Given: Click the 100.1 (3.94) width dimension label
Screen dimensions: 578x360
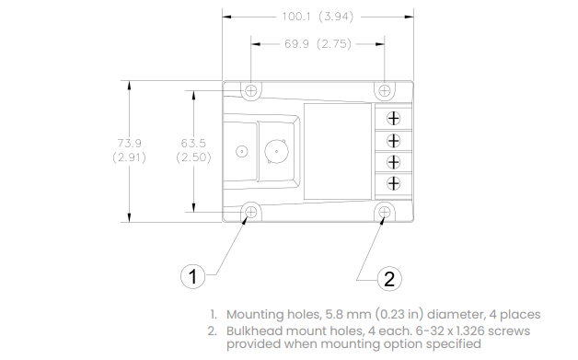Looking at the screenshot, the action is click(318, 17).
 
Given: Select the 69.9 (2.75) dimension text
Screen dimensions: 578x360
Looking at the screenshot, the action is click(318, 44).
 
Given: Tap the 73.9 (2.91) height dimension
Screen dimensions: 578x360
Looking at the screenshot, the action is click(130, 150).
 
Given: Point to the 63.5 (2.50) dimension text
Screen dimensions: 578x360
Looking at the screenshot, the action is click(193, 150).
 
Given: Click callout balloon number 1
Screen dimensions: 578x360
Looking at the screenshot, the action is click(192, 276).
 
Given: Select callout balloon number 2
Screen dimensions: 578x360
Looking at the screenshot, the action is click(389, 278).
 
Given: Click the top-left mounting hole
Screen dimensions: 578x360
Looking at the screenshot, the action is click(251, 90).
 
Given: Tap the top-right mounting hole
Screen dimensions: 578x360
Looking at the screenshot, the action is click(385, 90).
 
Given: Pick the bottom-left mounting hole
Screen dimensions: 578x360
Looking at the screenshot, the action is click(251, 212).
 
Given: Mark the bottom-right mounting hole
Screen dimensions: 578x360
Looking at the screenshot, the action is click(385, 212).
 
